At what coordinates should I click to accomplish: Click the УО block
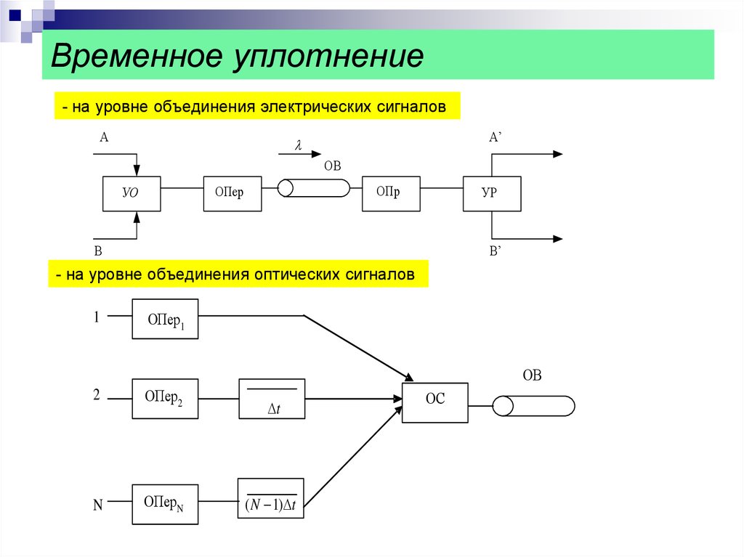point(132,194)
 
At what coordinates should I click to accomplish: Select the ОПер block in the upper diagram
point(232,194)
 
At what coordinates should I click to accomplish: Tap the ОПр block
point(391,194)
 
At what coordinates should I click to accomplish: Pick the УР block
point(492,194)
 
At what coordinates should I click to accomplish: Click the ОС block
point(435,402)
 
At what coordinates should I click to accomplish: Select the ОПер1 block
point(165,319)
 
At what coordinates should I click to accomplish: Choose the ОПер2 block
point(165,399)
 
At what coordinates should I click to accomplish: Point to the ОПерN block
point(165,504)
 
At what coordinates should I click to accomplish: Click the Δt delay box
point(272,399)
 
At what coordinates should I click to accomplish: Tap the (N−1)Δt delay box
point(270,498)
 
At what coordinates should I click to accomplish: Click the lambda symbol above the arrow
point(298,145)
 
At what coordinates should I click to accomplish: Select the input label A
point(104,137)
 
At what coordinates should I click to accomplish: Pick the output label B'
point(496,251)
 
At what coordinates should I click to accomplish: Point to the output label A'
point(496,137)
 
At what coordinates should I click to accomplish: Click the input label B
point(98,251)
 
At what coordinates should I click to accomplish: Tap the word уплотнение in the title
point(328,57)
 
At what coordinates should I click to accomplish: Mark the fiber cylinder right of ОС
point(533,406)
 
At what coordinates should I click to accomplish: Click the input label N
point(98,505)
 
